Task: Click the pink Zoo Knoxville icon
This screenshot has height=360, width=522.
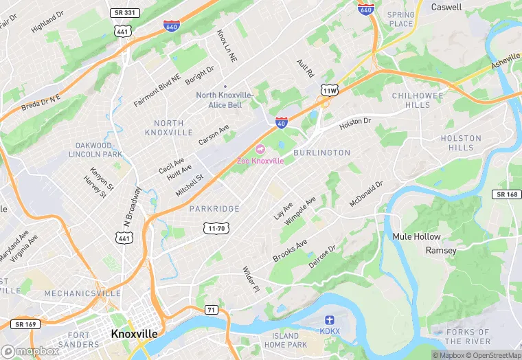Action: (x=260, y=149)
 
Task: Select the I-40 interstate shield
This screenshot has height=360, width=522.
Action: (x=281, y=122)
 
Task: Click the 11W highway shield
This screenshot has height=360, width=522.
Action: (x=329, y=91)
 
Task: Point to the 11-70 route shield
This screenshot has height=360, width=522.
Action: (x=215, y=227)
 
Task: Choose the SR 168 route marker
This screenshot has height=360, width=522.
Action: (x=506, y=194)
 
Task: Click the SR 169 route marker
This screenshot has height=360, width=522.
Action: (x=23, y=324)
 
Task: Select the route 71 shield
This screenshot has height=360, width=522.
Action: (x=211, y=310)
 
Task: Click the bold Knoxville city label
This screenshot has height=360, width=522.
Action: (x=134, y=333)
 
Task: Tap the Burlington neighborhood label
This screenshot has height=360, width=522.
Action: (x=321, y=153)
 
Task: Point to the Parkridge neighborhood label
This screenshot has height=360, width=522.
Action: (x=214, y=209)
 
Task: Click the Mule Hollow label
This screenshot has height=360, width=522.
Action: (x=416, y=236)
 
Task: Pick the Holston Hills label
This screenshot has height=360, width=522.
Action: (x=461, y=143)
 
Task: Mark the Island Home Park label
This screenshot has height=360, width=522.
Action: (x=284, y=340)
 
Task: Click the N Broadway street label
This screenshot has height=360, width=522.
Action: (x=133, y=205)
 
